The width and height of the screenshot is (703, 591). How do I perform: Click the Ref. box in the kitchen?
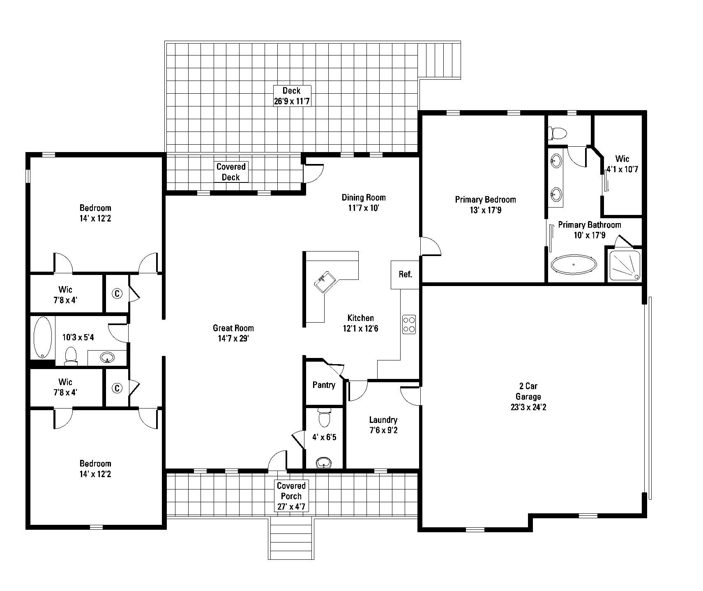(x=405, y=275)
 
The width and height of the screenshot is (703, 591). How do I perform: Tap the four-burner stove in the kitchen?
(x=409, y=324)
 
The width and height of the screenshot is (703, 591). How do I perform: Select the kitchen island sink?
(x=325, y=282)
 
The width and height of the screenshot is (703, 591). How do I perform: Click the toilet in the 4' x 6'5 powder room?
(x=324, y=418)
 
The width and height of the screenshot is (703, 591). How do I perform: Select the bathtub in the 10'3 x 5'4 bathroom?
(x=42, y=337)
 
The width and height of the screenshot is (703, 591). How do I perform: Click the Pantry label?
(x=324, y=385)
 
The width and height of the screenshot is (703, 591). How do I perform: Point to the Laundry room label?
(x=383, y=420)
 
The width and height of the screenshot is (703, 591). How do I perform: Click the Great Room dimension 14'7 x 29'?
(x=233, y=339)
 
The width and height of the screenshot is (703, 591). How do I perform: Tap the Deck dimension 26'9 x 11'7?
(x=291, y=101)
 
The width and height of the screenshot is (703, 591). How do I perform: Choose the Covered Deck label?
(x=231, y=172)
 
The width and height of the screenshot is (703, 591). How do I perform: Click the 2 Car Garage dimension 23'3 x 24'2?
(x=528, y=407)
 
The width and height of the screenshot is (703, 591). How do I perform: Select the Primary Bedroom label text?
(x=485, y=200)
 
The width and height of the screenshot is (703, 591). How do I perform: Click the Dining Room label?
(x=364, y=197)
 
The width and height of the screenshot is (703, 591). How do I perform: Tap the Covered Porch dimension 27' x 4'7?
(x=291, y=507)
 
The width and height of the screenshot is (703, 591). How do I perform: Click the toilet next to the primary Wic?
(x=558, y=132)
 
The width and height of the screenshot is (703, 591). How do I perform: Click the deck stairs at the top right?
(x=439, y=60)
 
